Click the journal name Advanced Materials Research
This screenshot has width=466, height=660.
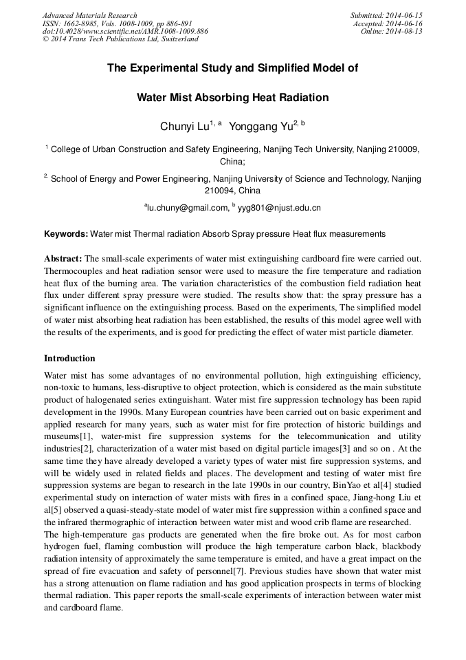click(x=89, y=15)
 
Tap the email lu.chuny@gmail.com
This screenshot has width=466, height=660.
click(x=187, y=207)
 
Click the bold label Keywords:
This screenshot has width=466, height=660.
click(x=66, y=235)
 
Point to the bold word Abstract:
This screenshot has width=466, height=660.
click(x=63, y=258)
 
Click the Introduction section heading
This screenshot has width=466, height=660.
click(x=69, y=359)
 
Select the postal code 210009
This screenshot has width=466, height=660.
click(x=401, y=149)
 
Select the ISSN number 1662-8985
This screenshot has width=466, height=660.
click(x=80, y=23)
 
